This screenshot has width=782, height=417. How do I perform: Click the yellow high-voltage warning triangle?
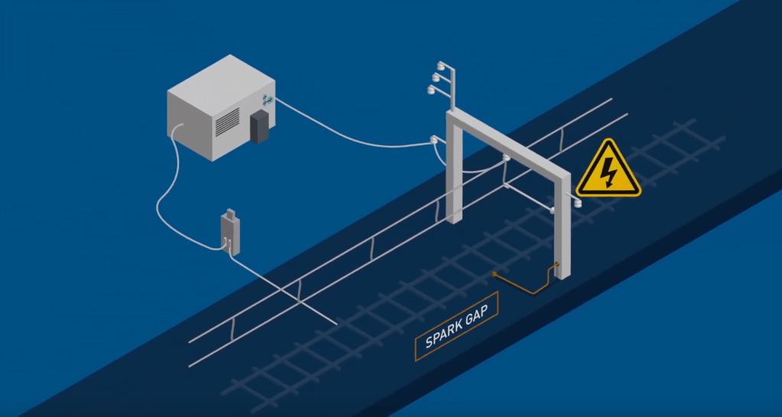point(608,170)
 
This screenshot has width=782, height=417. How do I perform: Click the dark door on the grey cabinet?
point(260,126)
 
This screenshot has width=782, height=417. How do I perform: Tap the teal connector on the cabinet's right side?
point(266,100)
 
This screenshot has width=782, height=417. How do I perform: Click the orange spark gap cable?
point(527,284)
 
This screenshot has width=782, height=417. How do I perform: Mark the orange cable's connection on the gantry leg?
point(556,266)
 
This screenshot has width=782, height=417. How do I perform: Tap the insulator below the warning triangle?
point(578,202)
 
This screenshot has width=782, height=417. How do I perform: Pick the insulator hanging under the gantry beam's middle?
point(505,159)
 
